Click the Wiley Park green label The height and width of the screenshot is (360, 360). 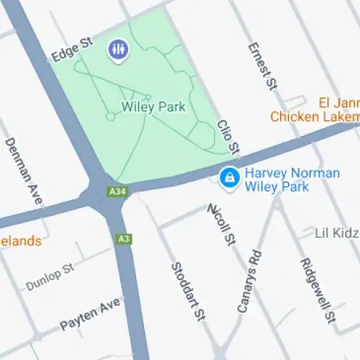153,107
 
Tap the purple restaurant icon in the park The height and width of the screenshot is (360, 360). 117,50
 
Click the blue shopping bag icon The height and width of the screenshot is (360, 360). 229,176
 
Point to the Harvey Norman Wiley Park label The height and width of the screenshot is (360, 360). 277,180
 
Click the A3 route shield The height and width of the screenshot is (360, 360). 123,238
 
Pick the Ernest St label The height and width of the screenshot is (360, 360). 262,66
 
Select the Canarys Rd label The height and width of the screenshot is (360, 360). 249,282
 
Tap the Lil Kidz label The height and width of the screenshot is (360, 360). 336,233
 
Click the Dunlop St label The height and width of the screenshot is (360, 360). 50,277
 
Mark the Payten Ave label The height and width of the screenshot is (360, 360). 90,315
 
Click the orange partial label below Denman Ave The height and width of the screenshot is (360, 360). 20,241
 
